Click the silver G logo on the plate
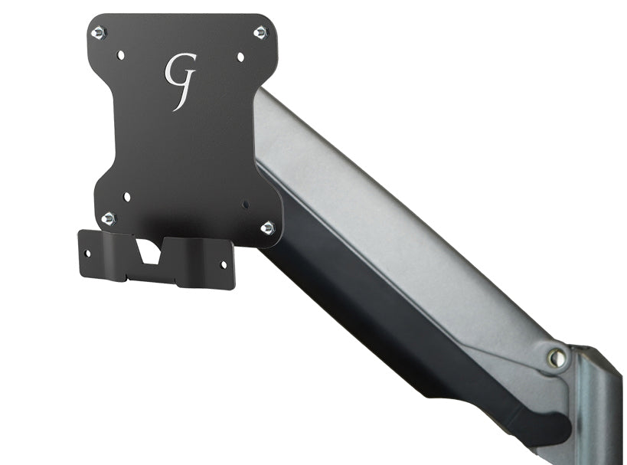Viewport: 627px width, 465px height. pyautogui.click(x=180, y=80)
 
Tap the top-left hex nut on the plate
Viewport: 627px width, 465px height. pyautogui.click(x=98, y=32)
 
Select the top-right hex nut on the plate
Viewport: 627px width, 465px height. pyautogui.click(x=260, y=32)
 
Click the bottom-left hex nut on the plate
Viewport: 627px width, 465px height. pyautogui.click(x=109, y=218)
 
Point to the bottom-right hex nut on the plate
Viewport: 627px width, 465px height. pyautogui.click(x=267, y=228)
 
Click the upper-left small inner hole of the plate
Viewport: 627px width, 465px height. pyautogui.click(x=120, y=55)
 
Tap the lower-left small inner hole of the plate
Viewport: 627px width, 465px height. pyautogui.click(x=126, y=197)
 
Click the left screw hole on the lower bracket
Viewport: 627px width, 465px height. pyautogui.click(x=88, y=252)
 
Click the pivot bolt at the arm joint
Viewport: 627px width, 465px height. pyautogui.click(x=557, y=357)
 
